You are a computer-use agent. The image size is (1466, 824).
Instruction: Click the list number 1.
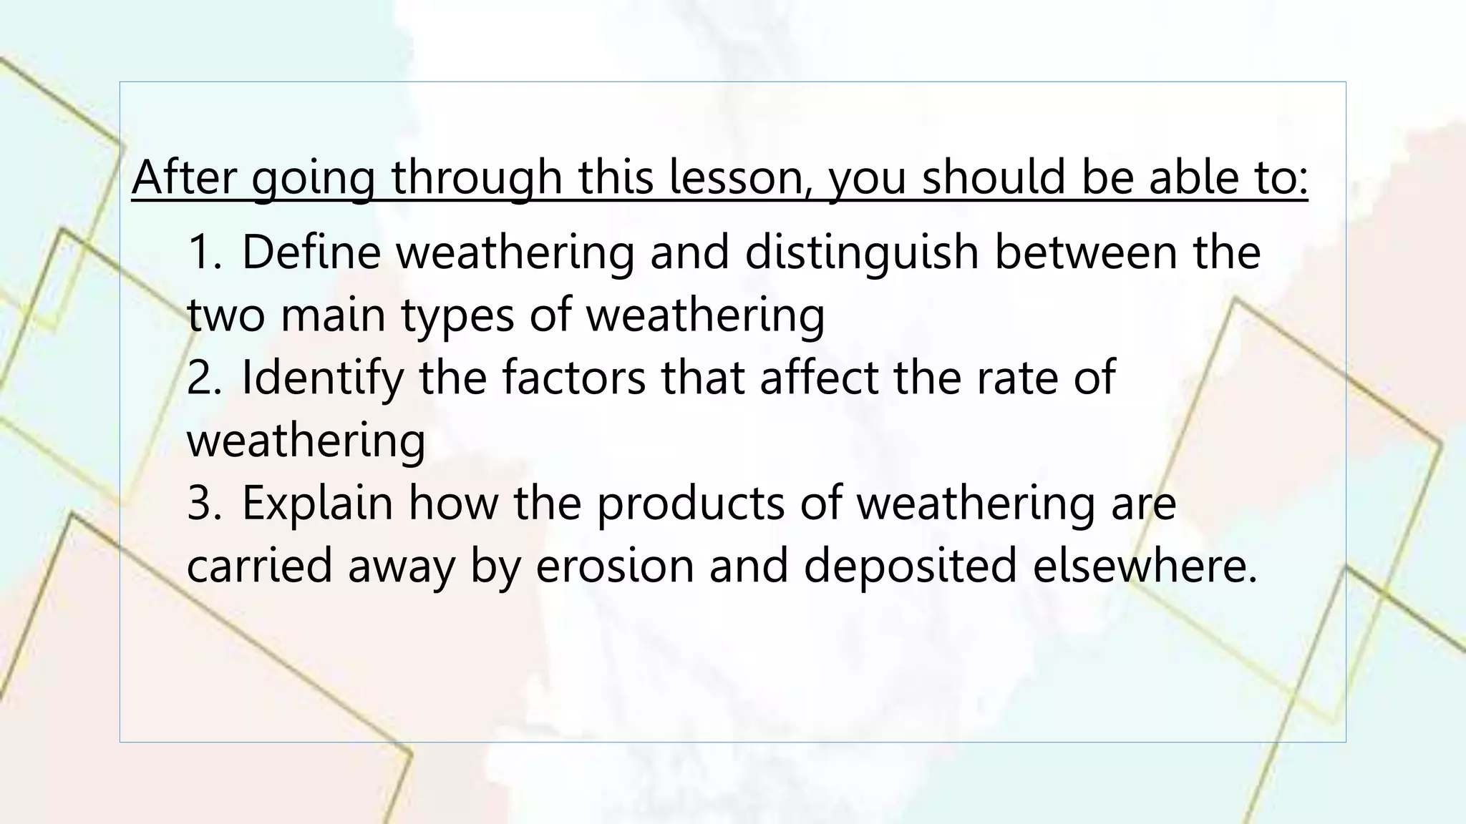[204, 252]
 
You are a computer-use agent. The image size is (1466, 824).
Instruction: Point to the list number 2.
[204, 378]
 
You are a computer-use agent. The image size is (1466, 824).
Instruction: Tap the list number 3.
[204, 503]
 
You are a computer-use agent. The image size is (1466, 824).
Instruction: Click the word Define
[312, 252]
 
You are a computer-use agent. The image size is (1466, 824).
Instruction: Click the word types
[458, 316]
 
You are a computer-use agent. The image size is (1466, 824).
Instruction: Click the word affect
[819, 378]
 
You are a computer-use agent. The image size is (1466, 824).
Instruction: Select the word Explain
[318, 503]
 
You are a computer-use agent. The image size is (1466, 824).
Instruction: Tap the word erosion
[616, 566]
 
